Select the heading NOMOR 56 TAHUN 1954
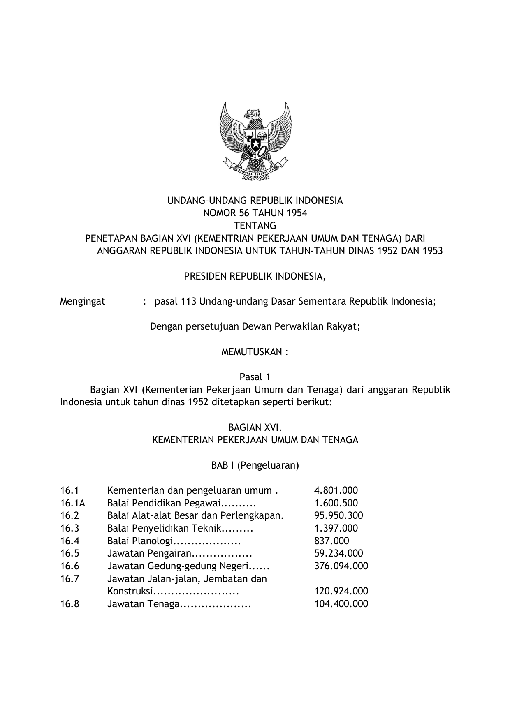(255, 213)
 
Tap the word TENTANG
(255, 226)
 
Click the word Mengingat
(82, 301)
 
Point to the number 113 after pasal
(188, 301)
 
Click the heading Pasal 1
(255, 377)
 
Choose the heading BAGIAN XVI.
(255, 428)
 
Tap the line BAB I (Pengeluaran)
(255, 465)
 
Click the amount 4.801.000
(336, 490)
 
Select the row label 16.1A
(72, 503)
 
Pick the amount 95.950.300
(338, 515)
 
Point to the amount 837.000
(331, 541)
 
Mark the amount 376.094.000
(341, 566)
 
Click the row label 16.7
(70, 579)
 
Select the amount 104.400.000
(341, 604)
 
